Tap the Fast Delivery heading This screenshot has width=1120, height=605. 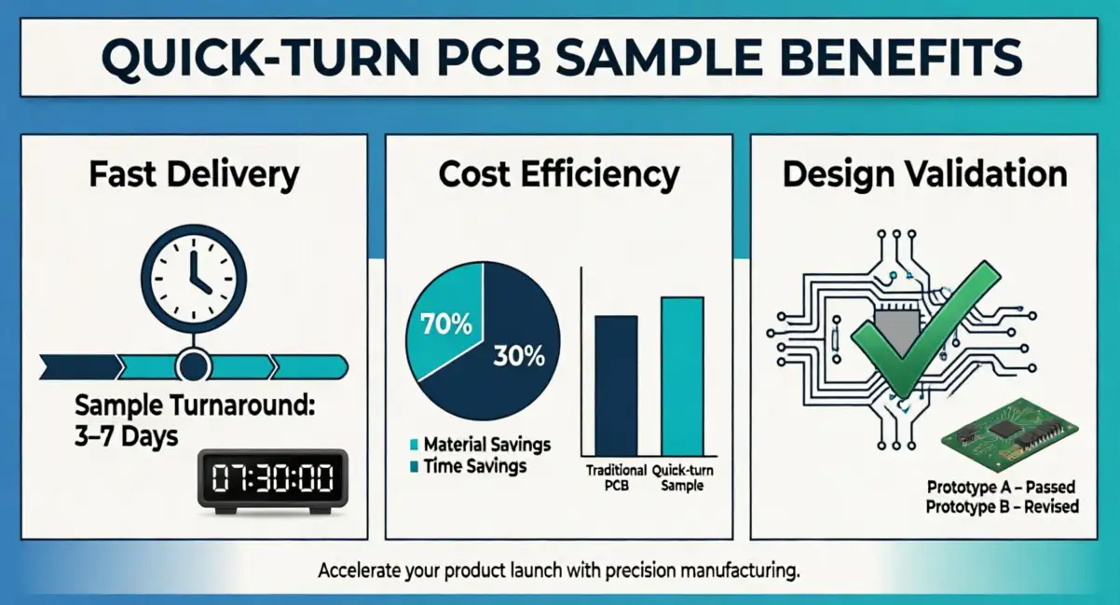coord(194,174)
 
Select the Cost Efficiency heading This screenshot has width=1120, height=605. coord(559,174)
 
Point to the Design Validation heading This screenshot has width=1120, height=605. coord(924,174)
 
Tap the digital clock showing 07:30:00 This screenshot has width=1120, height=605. coord(272,479)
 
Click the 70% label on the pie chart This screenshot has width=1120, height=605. coord(446,327)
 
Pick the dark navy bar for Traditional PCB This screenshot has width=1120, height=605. coord(616,384)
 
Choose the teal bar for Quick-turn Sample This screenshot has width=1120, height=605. coord(682,375)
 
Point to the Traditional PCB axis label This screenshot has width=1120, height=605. coord(616,478)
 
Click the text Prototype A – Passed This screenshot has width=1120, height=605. coord(1001,487)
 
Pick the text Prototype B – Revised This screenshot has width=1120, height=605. coord(1002,507)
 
